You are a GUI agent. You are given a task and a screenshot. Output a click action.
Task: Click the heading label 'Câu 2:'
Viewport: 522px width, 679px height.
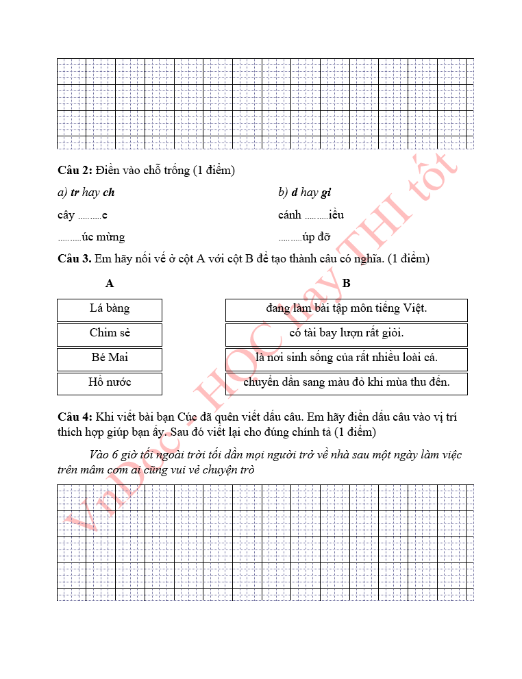pos(75,170)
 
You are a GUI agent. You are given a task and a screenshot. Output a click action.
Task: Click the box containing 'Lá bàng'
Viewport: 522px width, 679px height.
pos(110,309)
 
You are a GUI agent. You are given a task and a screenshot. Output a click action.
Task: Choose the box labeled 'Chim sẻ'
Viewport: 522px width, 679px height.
pos(110,334)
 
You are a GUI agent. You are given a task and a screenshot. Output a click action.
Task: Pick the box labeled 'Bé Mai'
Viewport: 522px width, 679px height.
pos(110,358)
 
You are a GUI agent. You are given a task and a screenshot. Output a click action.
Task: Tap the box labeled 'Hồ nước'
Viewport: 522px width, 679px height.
pos(110,383)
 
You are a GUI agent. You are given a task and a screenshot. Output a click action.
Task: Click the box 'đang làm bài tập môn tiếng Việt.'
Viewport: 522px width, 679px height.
pos(346,309)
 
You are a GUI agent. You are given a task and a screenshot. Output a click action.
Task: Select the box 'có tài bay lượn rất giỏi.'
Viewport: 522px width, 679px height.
pos(346,334)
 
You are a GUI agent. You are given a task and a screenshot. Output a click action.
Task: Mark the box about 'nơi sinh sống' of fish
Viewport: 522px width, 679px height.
pos(346,358)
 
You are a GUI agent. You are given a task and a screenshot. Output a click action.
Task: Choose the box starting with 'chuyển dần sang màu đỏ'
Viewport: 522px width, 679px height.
pos(346,383)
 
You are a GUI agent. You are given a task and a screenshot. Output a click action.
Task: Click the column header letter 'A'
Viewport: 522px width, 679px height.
pos(110,283)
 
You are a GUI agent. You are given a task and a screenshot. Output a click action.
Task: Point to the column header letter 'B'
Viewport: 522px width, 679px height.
pos(346,283)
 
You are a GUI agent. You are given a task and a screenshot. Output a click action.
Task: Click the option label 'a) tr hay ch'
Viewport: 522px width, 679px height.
pos(86,193)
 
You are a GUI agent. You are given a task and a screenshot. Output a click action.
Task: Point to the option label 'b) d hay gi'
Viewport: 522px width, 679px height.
pos(304,193)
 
